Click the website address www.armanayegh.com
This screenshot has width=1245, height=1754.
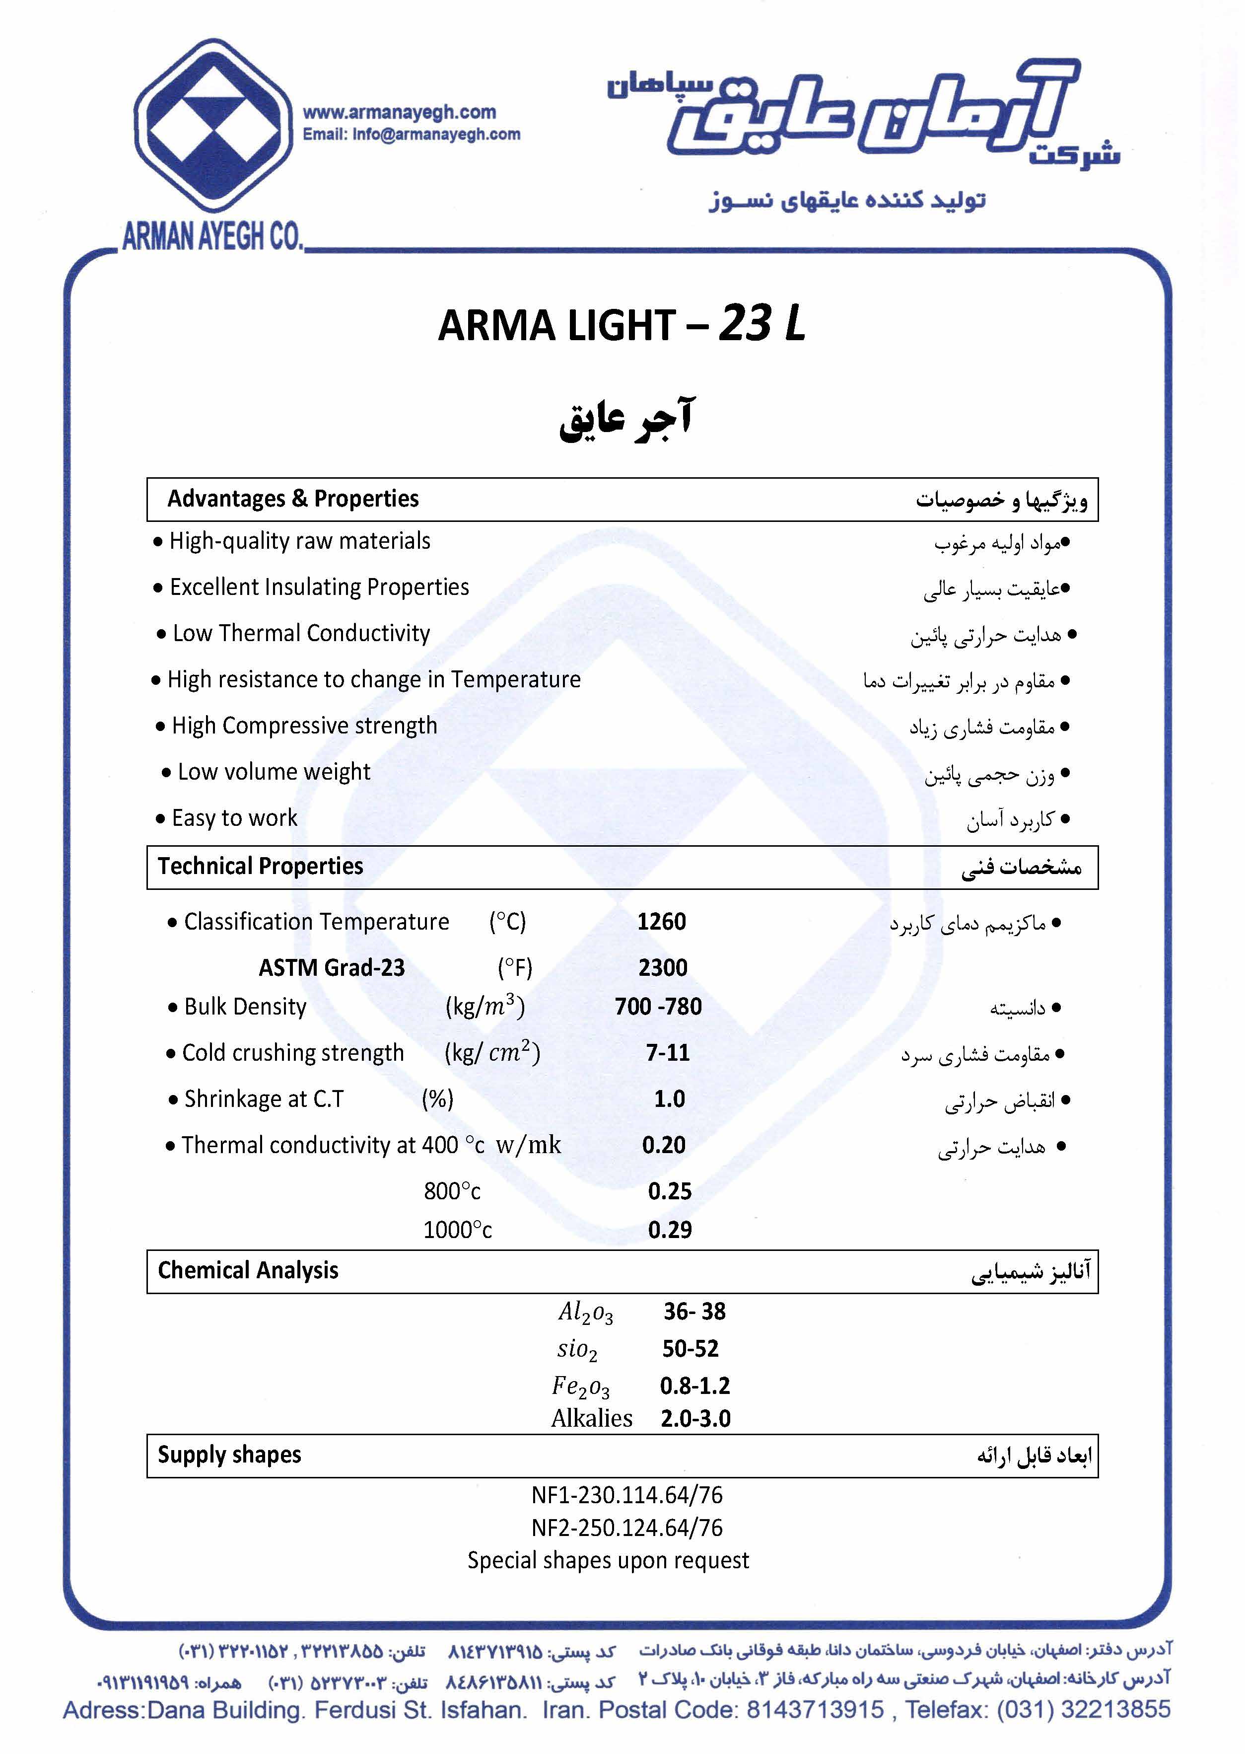(x=400, y=112)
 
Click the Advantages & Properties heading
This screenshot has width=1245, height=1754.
(x=293, y=499)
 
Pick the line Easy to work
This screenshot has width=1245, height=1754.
(x=234, y=818)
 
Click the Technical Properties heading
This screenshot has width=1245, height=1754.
(x=260, y=867)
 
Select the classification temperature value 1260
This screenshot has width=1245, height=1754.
(x=661, y=922)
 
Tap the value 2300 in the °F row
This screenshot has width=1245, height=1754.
(x=662, y=968)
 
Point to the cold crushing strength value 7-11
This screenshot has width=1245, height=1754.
(x=667, y=1053)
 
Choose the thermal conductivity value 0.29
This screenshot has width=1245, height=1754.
(x=669, y=1230)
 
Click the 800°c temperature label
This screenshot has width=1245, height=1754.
(x=452, y=1191)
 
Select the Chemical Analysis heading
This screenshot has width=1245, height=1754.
(x=248, y=1271)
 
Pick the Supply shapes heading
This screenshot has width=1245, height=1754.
(x=229, y=1455)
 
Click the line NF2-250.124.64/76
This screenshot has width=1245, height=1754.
(x=626, y=1528)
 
